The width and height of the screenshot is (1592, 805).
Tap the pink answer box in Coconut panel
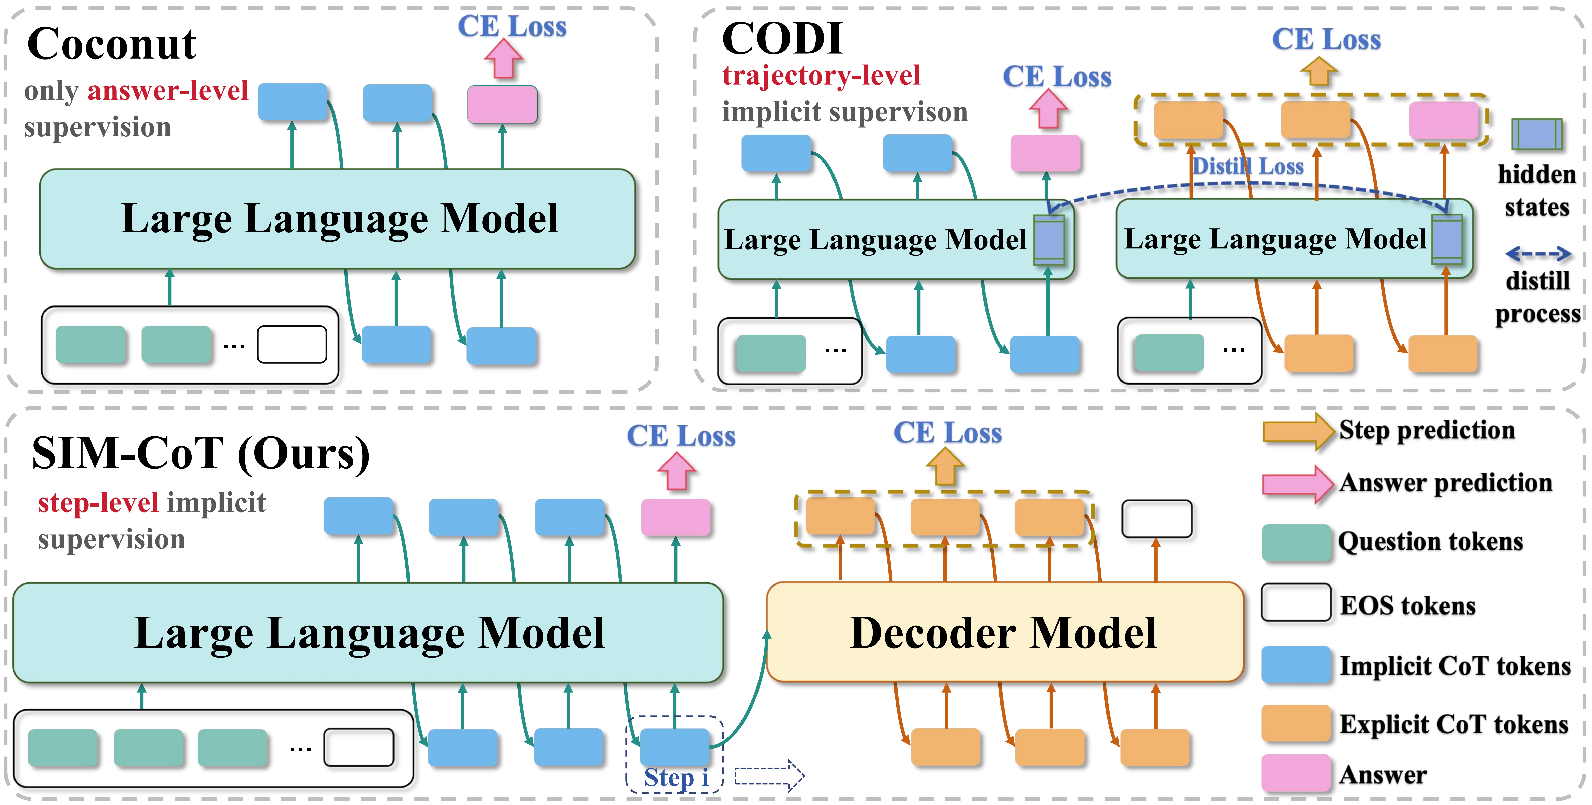click(502, 105)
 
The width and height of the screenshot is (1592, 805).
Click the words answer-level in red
click(168, 91)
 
